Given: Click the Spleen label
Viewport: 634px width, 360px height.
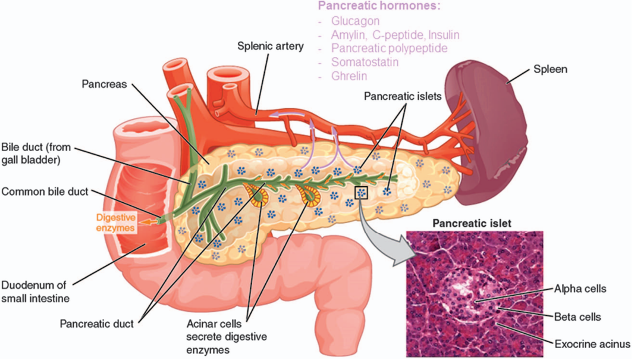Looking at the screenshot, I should tap(550, 69).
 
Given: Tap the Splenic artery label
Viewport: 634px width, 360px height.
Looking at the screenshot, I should tap(271, 45).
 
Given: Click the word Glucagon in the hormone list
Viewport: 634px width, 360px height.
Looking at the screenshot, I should tap(356, 21).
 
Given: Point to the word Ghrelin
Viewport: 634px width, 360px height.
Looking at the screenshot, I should tap(349, 76).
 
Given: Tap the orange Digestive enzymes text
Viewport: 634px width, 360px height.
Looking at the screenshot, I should tap(116, 222).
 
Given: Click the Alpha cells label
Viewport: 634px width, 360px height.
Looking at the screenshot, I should tap(580, 289).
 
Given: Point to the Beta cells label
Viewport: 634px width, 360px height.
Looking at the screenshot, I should tap(577, 317).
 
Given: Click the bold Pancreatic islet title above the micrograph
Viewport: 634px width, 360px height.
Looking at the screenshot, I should tap(472, 224).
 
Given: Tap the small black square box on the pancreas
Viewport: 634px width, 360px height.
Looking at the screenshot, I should tap(362, 192).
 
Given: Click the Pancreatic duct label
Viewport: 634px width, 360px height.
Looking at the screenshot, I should tap(96, 324).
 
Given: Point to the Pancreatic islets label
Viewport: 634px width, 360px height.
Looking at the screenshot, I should tap(403, 95).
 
